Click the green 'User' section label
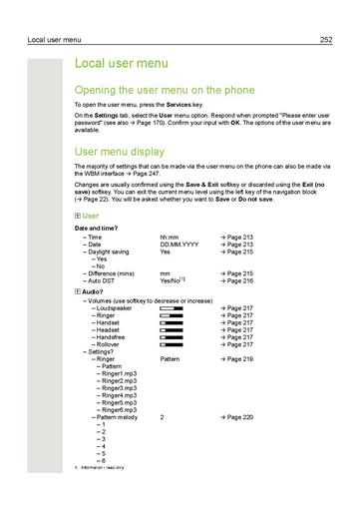coord(91,216)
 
